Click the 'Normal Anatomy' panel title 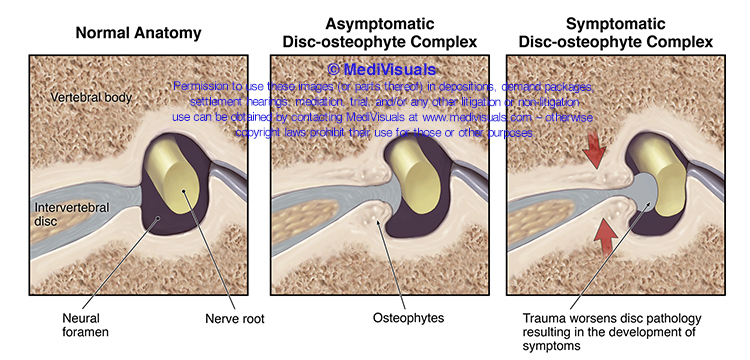pyautogui.click(x=139, y=33)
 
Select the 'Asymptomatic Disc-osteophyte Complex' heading pyautogui.click(x=378, y=33)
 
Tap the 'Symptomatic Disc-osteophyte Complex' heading pyautogui.click(x=626, y=33)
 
